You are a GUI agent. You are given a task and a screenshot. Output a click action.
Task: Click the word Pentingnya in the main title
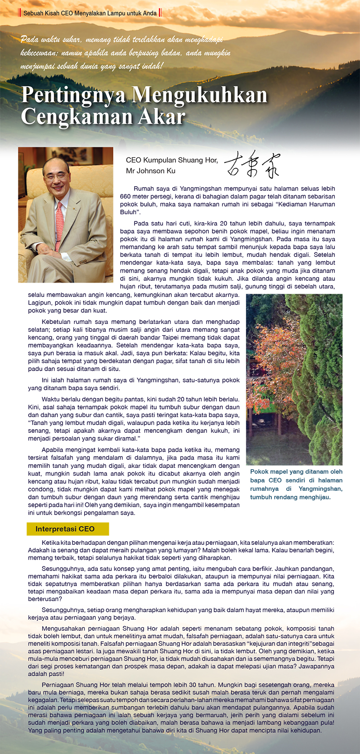point(74,95)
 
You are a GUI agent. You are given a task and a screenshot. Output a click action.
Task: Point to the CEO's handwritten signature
point(252,165)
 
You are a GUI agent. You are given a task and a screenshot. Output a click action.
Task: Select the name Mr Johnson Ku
point(151,171)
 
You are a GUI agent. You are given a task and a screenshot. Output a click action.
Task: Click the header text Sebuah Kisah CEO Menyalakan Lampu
point(90,13)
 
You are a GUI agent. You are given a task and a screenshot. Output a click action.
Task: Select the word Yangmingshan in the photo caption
point(320,489)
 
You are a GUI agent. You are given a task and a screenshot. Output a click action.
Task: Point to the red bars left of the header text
point(19,13)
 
